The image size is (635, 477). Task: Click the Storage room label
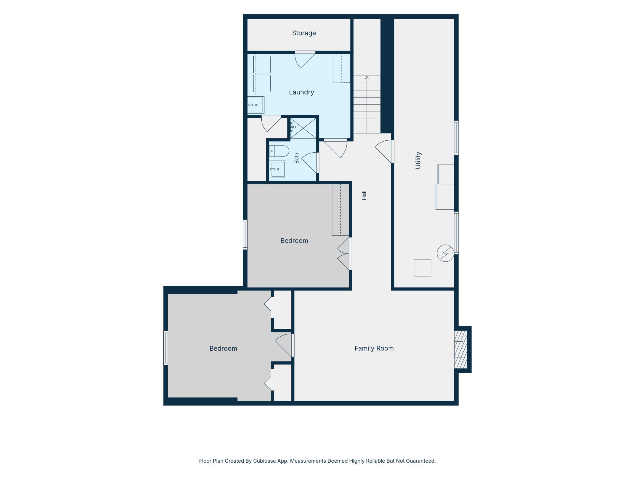[304, 33]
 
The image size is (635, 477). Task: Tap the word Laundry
[301, 92]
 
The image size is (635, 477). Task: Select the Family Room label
[374, 348]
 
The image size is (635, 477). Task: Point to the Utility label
[418, 160]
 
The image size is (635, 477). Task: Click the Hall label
[364, 195]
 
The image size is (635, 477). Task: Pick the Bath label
[296, 158]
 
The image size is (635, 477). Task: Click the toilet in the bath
[279, 151]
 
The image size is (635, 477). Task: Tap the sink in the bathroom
[278, 169]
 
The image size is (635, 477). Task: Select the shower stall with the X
[303, 128]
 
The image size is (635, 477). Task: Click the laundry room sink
[256, 105]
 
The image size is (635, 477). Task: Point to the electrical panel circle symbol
[445, 253]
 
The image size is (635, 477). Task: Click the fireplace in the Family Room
[461, 349]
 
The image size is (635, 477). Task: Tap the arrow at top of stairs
[367, 78]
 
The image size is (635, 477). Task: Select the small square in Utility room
[423, 268]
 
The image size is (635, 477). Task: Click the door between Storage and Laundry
[305, 60]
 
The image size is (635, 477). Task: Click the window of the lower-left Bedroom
[166, 348]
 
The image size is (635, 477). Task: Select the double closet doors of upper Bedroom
[344, 254]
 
